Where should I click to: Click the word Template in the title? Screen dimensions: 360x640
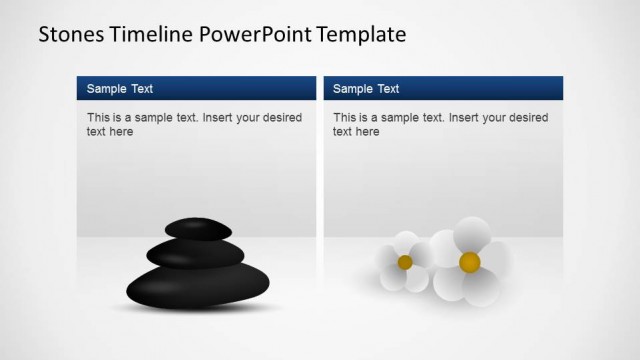coord(361,35)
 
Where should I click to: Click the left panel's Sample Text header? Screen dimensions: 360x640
coord(120,89)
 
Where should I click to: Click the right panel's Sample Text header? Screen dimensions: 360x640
coord(366,89)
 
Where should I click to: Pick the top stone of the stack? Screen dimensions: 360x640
coord(196,231)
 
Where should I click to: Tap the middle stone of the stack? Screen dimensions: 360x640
coord(189,254)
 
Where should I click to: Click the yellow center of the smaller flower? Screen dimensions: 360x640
coord(405,262)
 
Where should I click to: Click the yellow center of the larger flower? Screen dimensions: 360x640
coord(469,262)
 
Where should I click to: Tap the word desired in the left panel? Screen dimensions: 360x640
coord(281,118)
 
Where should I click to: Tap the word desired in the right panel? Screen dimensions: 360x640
coord(527,118)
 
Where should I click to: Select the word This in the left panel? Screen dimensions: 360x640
coord(98,118)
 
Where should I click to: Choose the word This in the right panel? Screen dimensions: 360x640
coord(344,118)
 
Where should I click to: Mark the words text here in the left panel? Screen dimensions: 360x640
coord(110,132)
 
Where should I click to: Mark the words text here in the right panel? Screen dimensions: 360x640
coord(356,132)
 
